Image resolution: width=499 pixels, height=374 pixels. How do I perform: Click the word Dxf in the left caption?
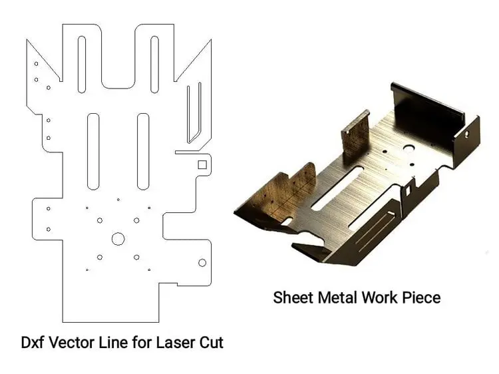tap(33, 343)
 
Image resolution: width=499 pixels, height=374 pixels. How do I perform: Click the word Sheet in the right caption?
tap(293, 297)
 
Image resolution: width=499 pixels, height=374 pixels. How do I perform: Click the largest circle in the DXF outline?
tap(118, 239)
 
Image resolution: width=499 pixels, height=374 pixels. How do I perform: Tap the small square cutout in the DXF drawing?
tap(202, 164)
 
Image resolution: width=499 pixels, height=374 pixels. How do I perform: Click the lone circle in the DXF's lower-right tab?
tap(202, 263)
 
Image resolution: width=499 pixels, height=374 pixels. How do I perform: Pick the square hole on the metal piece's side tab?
tap(408, 190)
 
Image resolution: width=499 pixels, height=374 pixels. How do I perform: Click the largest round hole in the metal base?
tap(409, 148)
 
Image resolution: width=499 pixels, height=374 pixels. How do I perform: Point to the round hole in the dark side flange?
tap(466, 134)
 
